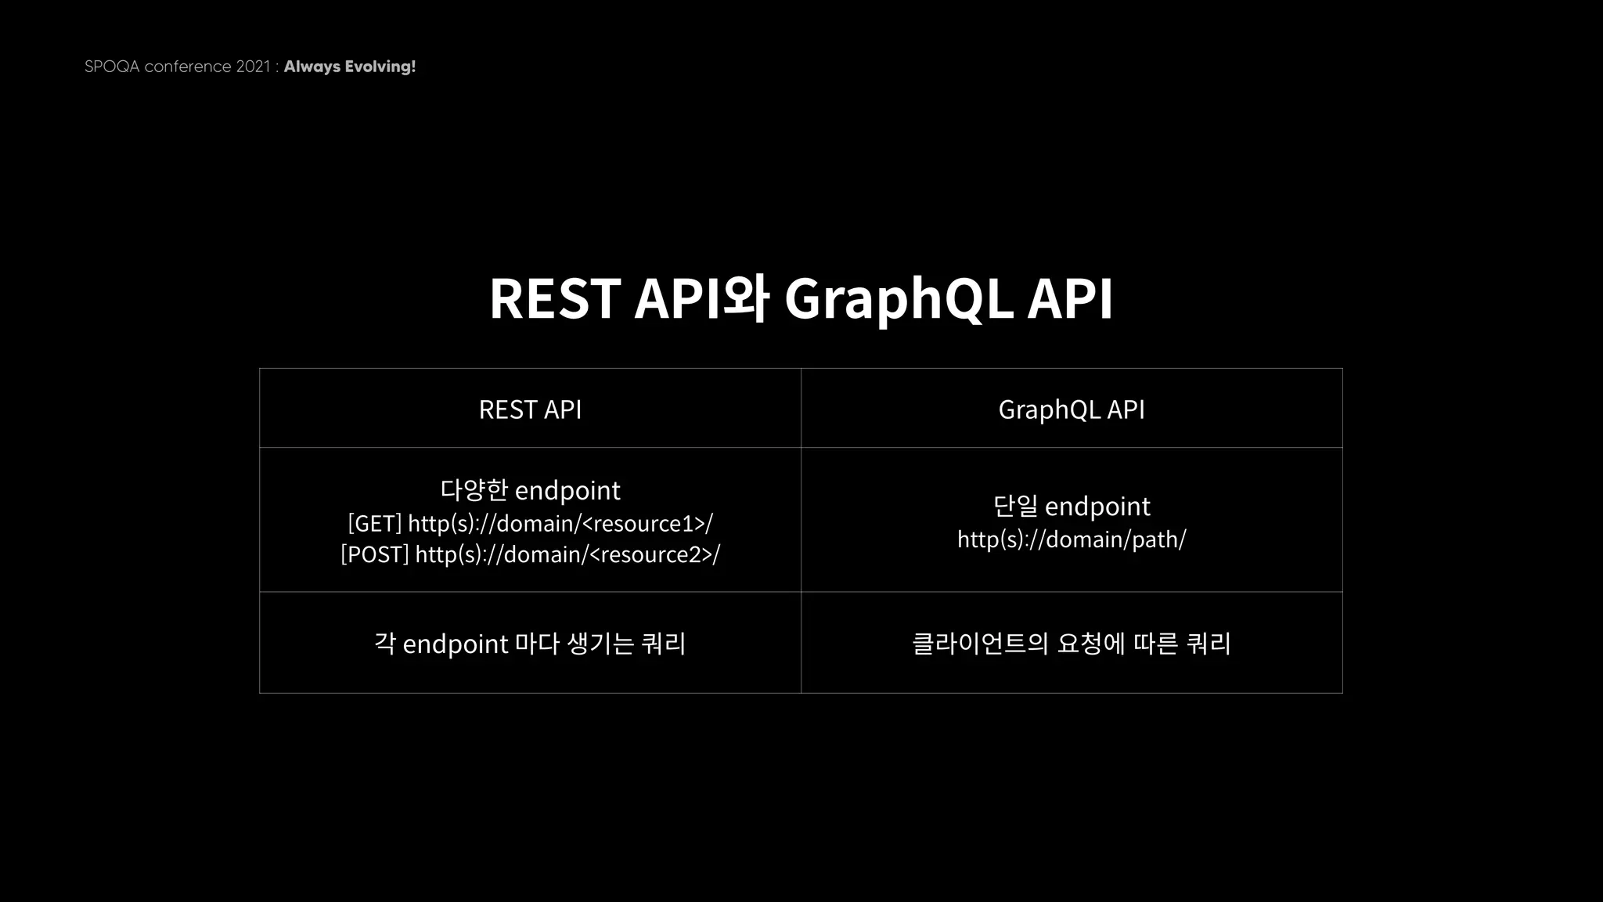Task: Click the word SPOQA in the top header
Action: (x=112, y=67)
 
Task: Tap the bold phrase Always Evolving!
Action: (x=349, y=67)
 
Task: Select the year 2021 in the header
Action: (x=252, y=67)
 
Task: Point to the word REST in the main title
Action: (x=554, y=299)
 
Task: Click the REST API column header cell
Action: (x=530, y=409)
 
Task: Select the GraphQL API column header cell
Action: (x=1072, y=409)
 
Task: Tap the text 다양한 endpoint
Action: (x=530, y=490)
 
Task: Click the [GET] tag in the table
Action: (x=374, y=523)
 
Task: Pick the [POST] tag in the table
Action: (x=374, y=554)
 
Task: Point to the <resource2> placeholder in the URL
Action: (x=650, y=554)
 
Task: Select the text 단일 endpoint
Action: (x=1072, y=506)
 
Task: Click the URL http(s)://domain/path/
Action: (x=1072, y=539)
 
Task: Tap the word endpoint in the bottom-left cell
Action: (x=455, y=644)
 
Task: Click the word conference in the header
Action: (x=188, y=67)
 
